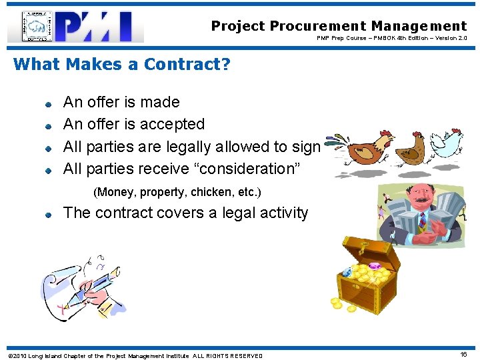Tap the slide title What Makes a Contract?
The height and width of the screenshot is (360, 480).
coord(121,64)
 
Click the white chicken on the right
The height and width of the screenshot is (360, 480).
coord(447,141)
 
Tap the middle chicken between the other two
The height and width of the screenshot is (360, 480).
coord(408,148)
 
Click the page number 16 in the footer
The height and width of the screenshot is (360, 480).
coord(464,355)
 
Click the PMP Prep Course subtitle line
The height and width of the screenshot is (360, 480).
coord(392,39)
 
